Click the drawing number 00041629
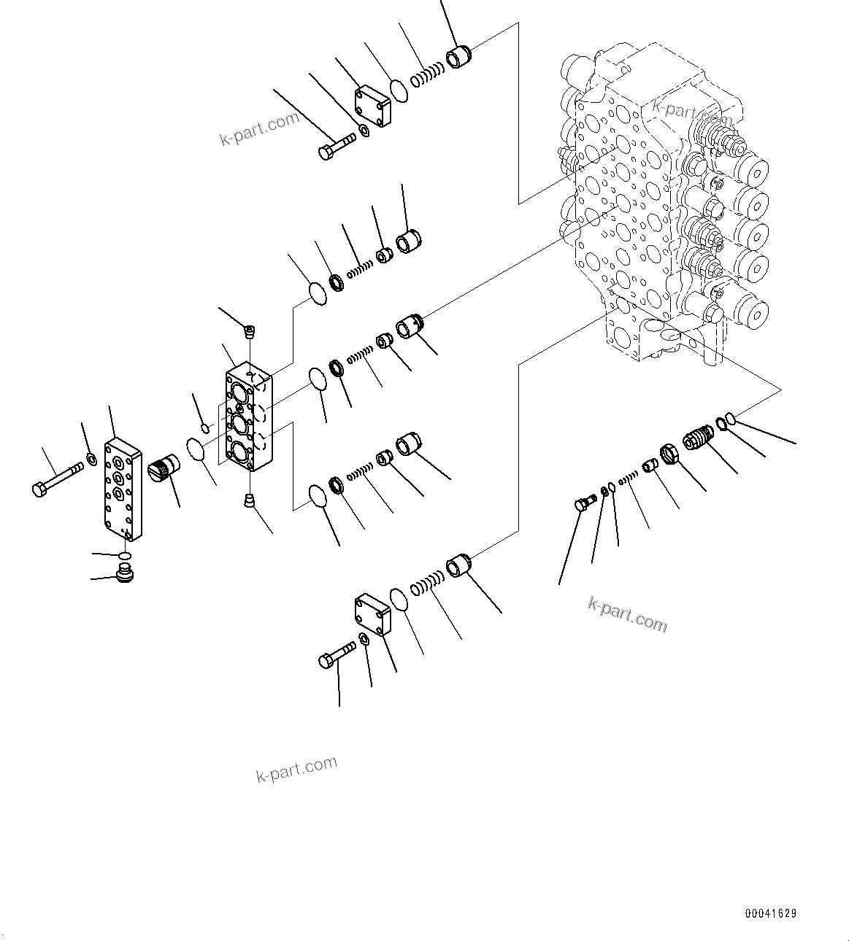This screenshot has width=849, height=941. coord(771,913)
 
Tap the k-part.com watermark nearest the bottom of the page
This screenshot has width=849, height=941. coord(296,769)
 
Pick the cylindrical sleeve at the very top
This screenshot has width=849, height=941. coord(459,57)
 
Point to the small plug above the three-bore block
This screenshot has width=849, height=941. coord(250,333)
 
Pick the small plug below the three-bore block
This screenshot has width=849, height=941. coord(249,500)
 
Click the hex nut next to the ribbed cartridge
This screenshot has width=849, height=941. coord(670,456)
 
